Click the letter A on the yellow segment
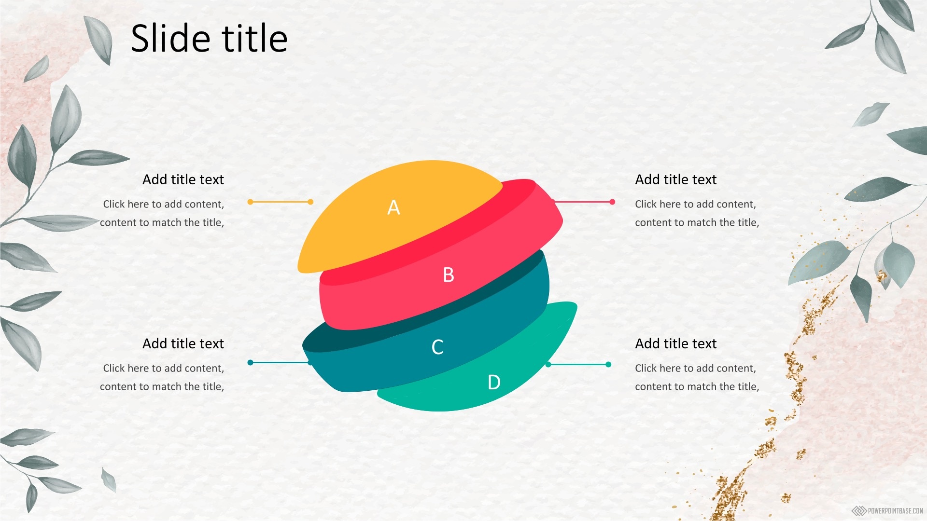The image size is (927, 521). click(393, 207)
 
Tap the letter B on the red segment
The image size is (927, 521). click(449, 275)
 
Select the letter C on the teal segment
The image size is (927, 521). click(437, 347)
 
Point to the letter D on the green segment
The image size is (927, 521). click(494, 382)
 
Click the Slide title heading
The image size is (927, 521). click(209, 38)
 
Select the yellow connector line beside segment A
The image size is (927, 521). click(281, 202)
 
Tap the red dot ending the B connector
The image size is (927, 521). click(612, 202)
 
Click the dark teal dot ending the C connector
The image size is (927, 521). click(250, 362)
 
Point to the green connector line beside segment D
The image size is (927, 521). click(578, 364)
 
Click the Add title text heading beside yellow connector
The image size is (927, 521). click(183, 179)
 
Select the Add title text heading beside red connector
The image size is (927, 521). click(676, 179)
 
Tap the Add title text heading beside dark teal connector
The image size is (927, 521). click(183, 343)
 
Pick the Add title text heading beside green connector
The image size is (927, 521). click(676, 343)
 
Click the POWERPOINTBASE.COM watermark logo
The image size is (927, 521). click(887, 510)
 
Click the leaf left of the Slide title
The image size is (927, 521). click(99, 40)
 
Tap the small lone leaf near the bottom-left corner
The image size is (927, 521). click(109, 480)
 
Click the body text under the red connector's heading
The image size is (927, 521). click(697, 213)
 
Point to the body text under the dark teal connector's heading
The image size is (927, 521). click(162, 377)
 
